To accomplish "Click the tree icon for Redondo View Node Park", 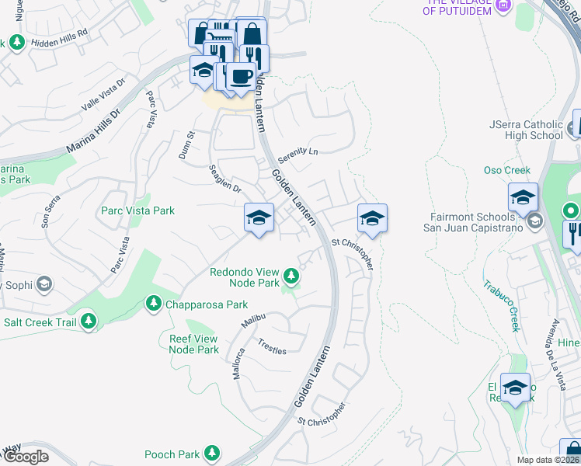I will [x=291, y=275].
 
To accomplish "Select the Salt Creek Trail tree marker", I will [x=89, y=319].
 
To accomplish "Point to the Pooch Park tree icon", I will [x=211, y=454].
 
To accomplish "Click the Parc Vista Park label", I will [x=137, y=210].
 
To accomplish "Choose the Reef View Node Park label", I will [x=194, y=344].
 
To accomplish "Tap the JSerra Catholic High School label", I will [x=526, y=130].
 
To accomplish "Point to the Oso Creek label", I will [x=506, y=170].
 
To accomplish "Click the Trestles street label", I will [x=272, y=346].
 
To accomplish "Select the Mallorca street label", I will [x=238, y=363].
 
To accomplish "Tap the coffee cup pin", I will [x=240, y=77].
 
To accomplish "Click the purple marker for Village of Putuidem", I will [x=503, y=6].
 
